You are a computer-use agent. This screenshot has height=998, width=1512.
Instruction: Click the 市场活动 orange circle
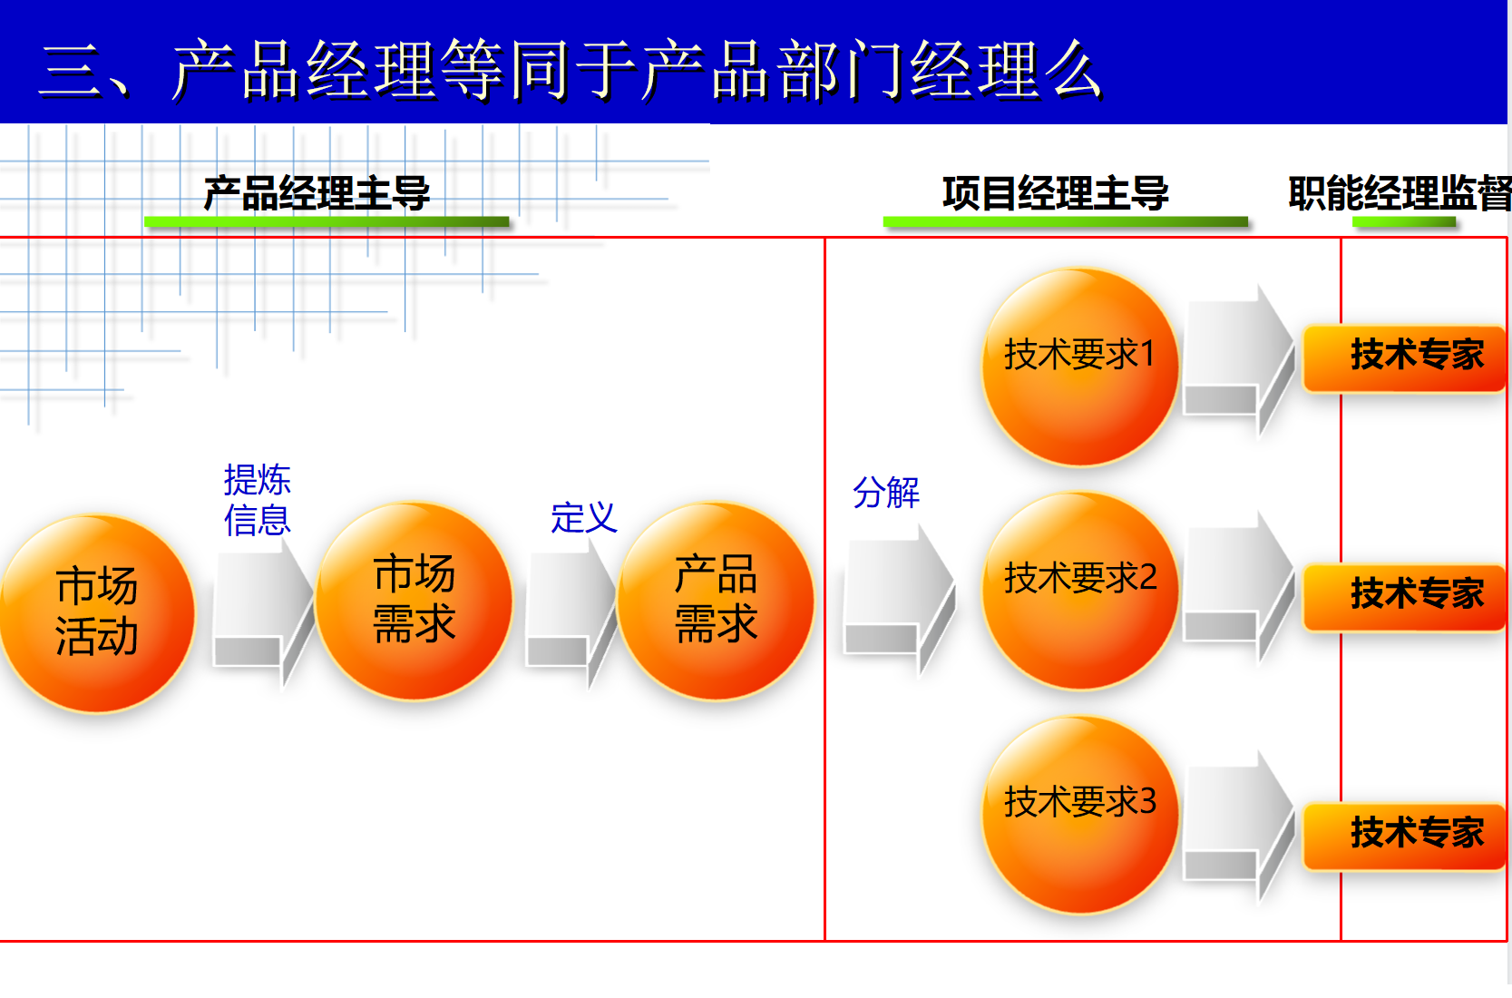tap(96, 613)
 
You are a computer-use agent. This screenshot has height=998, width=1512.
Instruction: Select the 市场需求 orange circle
tap(414, 601)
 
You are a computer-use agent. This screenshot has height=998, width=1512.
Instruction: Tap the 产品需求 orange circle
tap(716, 601)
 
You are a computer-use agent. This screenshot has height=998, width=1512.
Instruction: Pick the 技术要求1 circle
tap(1080, 367)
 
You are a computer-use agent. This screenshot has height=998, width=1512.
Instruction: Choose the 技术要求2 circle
tap(1080, 591)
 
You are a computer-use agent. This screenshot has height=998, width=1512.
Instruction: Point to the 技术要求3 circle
tap(1080, 815)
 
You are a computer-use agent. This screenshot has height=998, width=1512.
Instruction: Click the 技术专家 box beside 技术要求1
tap(1405, 357)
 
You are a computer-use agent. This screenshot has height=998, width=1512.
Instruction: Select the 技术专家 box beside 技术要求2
tap(1405, 597)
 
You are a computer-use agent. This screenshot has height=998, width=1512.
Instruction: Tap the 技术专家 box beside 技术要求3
tap(1405, 836)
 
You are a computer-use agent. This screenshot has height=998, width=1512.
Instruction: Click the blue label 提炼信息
tap(258, 500)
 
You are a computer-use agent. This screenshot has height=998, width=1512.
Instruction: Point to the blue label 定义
tap(584, 518)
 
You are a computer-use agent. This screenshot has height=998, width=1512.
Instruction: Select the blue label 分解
tap(885, 493)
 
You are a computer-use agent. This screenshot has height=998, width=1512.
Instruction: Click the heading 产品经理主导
tap(317, 194)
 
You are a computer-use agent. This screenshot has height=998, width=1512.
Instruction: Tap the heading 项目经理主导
tap(1056, 194)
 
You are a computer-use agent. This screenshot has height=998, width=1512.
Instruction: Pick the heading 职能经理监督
tap(1399, 194)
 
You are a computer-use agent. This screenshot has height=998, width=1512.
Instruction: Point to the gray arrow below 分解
tap(899, 598)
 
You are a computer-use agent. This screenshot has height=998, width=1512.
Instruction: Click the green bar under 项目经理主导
tap(1065, 221)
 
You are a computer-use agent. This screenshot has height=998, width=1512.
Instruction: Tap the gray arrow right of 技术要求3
tap(1239, 825)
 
